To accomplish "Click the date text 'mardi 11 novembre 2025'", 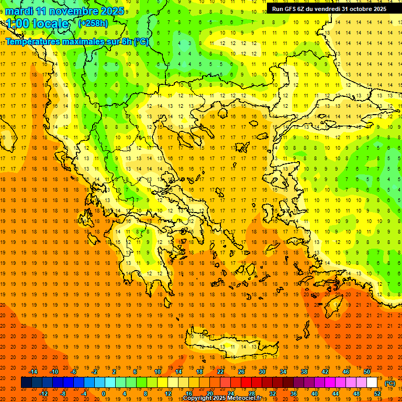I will [x=65, y=11].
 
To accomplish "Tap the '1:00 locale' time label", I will [x=37, y=24].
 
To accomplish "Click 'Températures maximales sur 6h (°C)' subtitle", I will [x=77, y=41].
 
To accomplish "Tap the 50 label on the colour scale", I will [x=367, y=372].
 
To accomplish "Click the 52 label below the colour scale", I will [x=377, y=394].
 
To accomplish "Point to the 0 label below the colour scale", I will [x=103, y=394].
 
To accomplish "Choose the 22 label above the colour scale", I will [x=220, y=372].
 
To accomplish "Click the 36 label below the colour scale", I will [x=294, y=394].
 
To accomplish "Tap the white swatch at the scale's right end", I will [x=372, y=383].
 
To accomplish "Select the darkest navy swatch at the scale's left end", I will [x=27, y=383].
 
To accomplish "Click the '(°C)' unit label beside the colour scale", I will [x=390, y=383].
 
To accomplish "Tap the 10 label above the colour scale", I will [x=158, y=372].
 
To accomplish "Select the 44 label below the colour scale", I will [x=336, y=394].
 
